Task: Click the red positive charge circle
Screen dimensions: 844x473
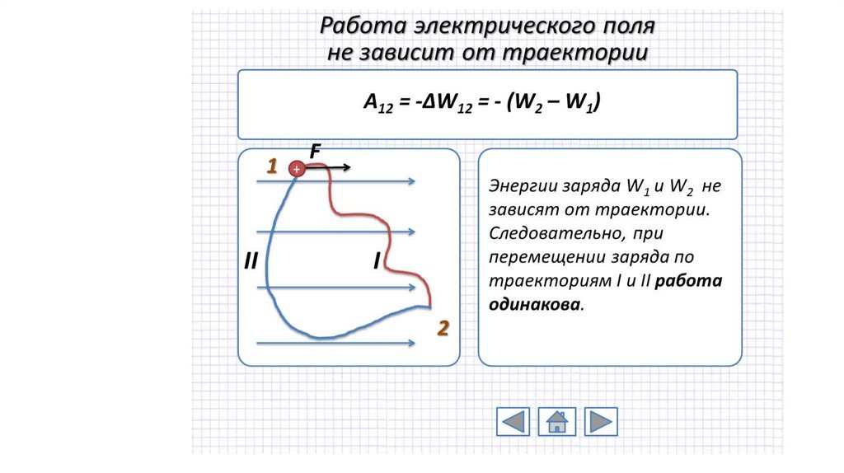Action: [x=296, y=169]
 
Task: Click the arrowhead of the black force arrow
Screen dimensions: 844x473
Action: [x=347, y=168]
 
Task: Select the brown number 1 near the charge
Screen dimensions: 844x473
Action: [x=270, y=167]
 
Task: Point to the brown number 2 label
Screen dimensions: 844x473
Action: [x=443, y=329]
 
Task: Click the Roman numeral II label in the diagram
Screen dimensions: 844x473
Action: [x=251, y=262]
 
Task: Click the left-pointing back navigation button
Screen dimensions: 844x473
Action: [x=513, y=421]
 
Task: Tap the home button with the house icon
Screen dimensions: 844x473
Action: [x=556, y=421]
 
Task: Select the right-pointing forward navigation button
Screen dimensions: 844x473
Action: [x=601, y=421]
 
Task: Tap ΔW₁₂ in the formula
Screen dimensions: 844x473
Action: [x=441, y=104]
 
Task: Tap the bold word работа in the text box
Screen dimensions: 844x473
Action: [x=690, y=280]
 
